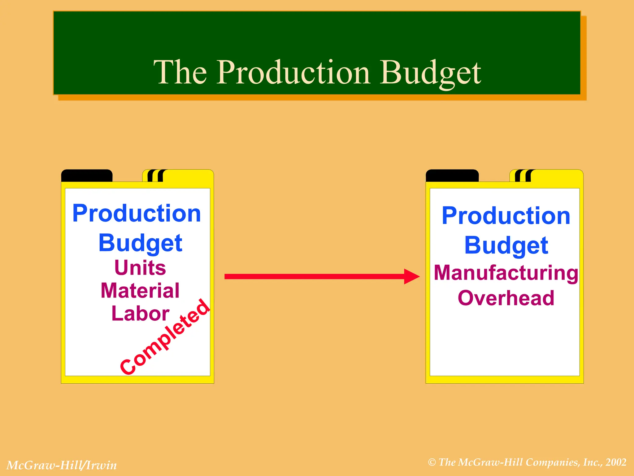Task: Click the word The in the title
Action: (180, 72)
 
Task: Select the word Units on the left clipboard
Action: (140, 267)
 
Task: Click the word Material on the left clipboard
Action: (140, 291)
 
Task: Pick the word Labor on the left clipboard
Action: (140, 314)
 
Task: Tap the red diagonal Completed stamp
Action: (165, 337)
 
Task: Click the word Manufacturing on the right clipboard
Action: (506, 273)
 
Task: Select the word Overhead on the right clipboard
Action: (506, 298)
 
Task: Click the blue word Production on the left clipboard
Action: (137, 214)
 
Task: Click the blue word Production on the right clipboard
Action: (506, 216)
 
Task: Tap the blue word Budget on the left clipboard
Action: (140, 243)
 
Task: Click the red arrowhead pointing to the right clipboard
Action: (411, 276)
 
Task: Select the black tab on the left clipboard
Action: (87, 176)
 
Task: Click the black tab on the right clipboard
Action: (452, 176)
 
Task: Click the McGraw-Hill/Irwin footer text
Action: (62, 465)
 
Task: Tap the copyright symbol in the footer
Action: (432, 462)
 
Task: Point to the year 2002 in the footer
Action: (616, 462)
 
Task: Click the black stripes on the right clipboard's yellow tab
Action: (523, 176)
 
